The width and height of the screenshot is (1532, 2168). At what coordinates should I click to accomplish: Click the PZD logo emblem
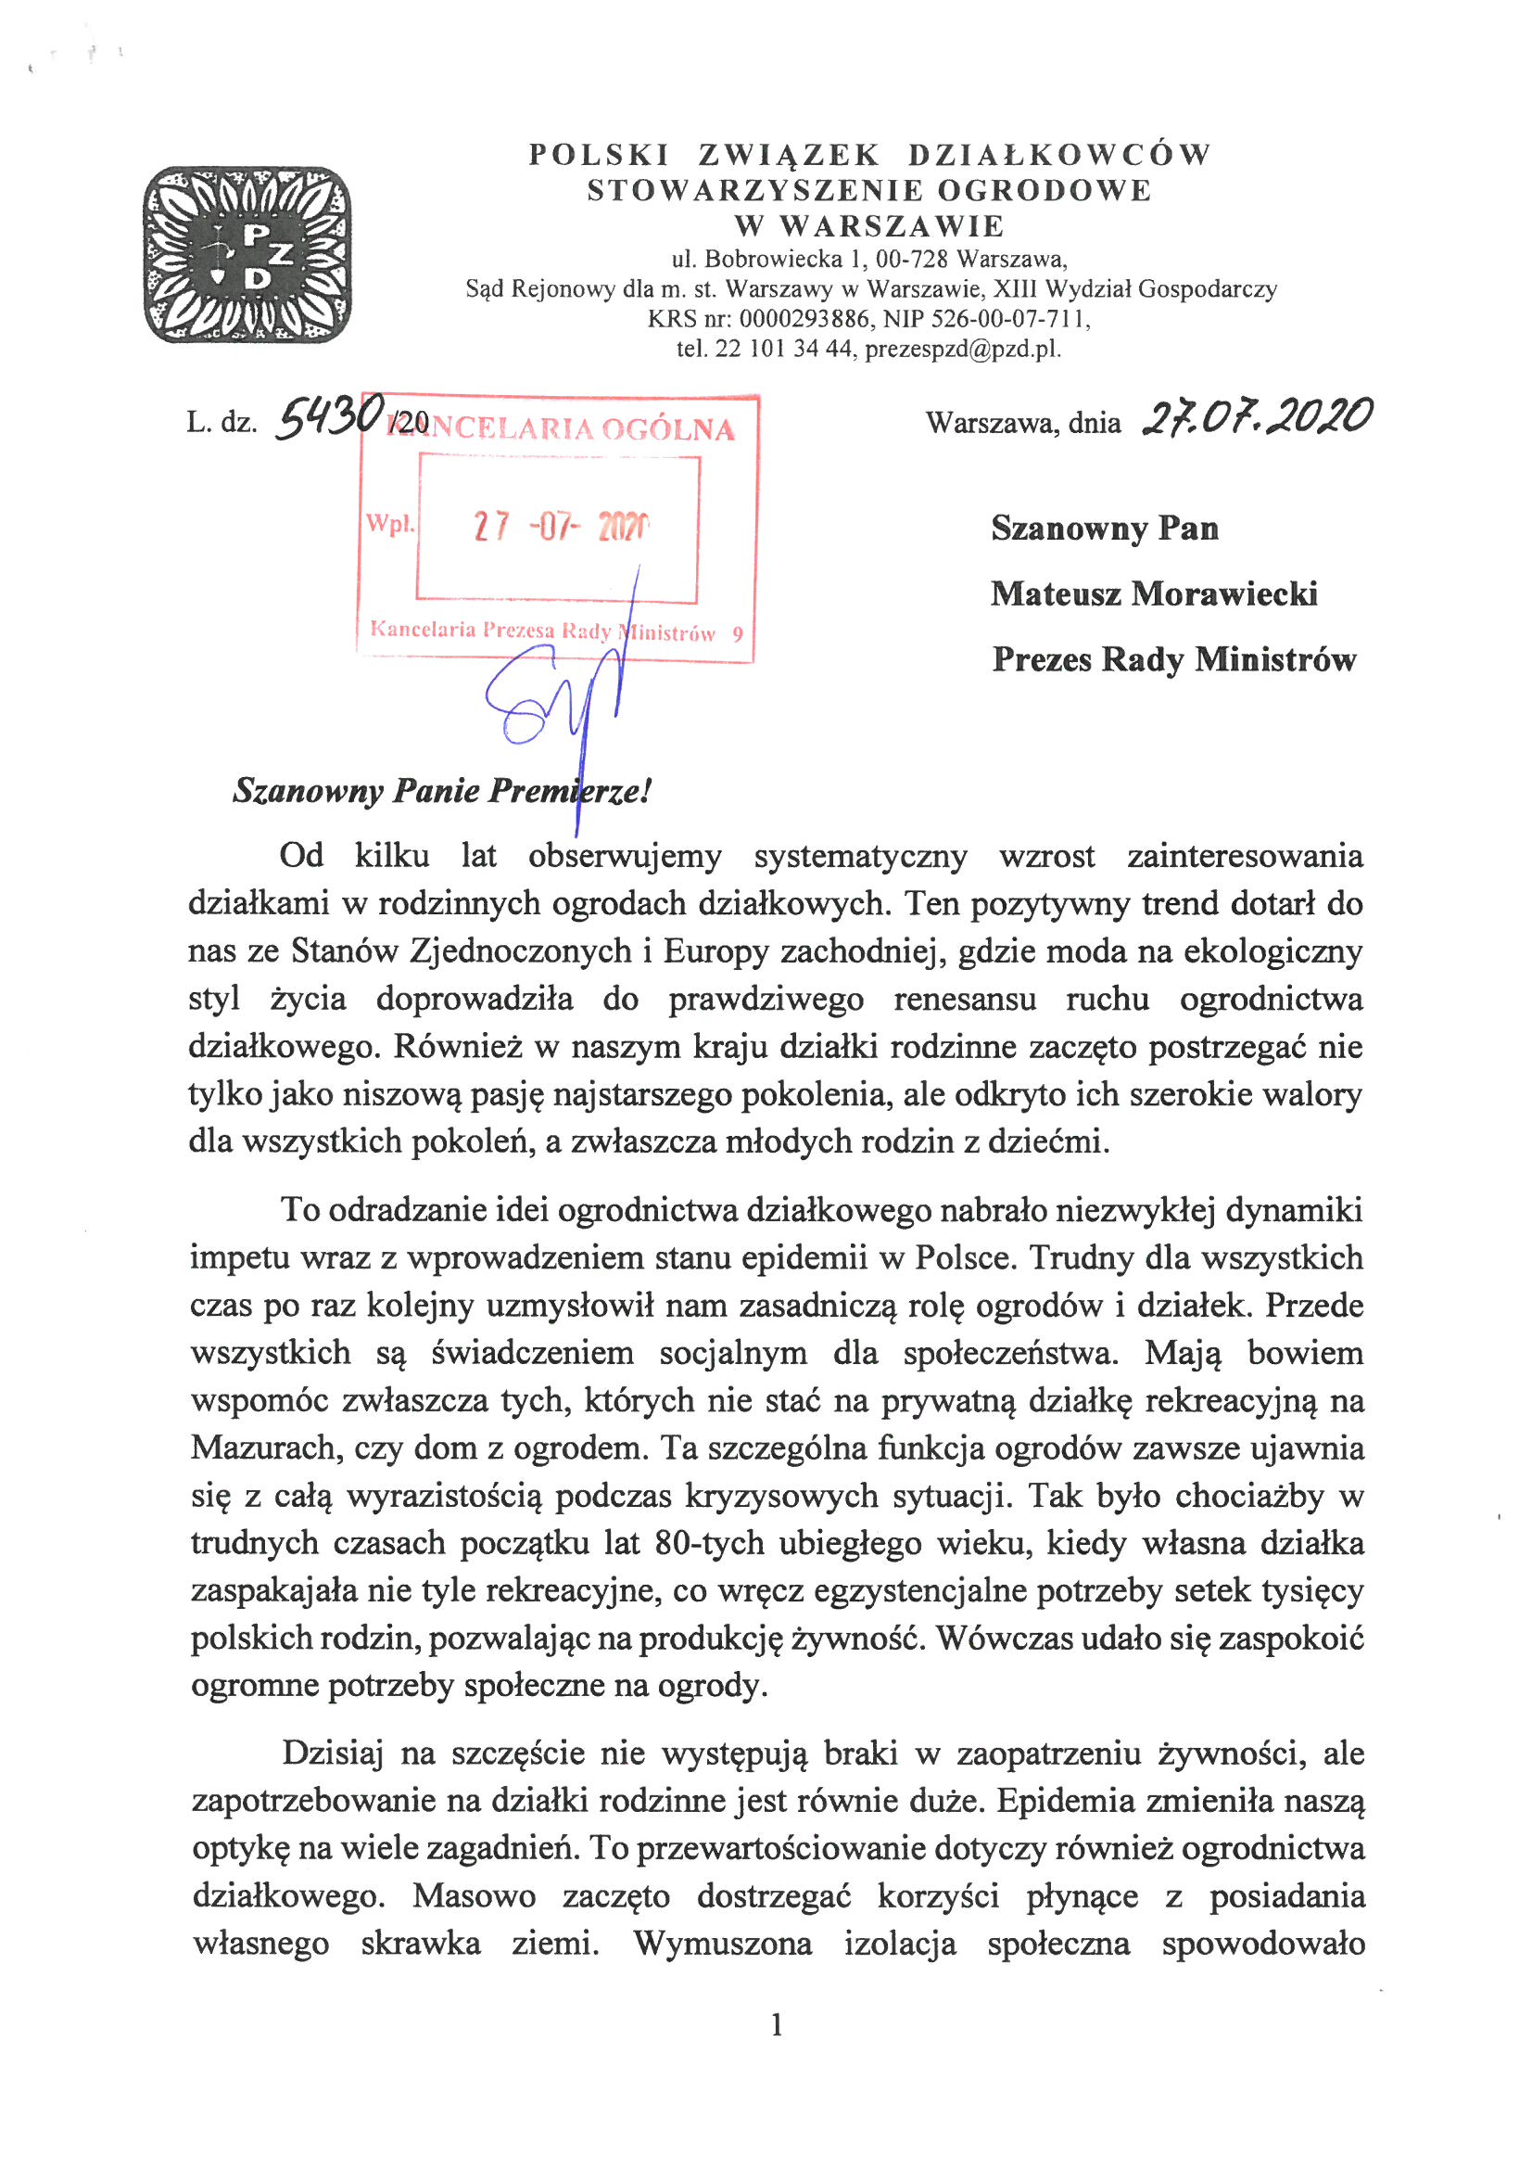pos(247,255)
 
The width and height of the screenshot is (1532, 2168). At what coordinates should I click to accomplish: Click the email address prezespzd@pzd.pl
pos(962,350)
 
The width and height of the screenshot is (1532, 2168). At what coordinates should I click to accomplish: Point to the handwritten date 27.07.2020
pos(1257,415)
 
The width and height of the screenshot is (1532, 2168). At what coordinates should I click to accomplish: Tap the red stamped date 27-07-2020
pos(561,526)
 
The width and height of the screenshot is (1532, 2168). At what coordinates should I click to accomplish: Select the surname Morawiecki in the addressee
pos(1224,594)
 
